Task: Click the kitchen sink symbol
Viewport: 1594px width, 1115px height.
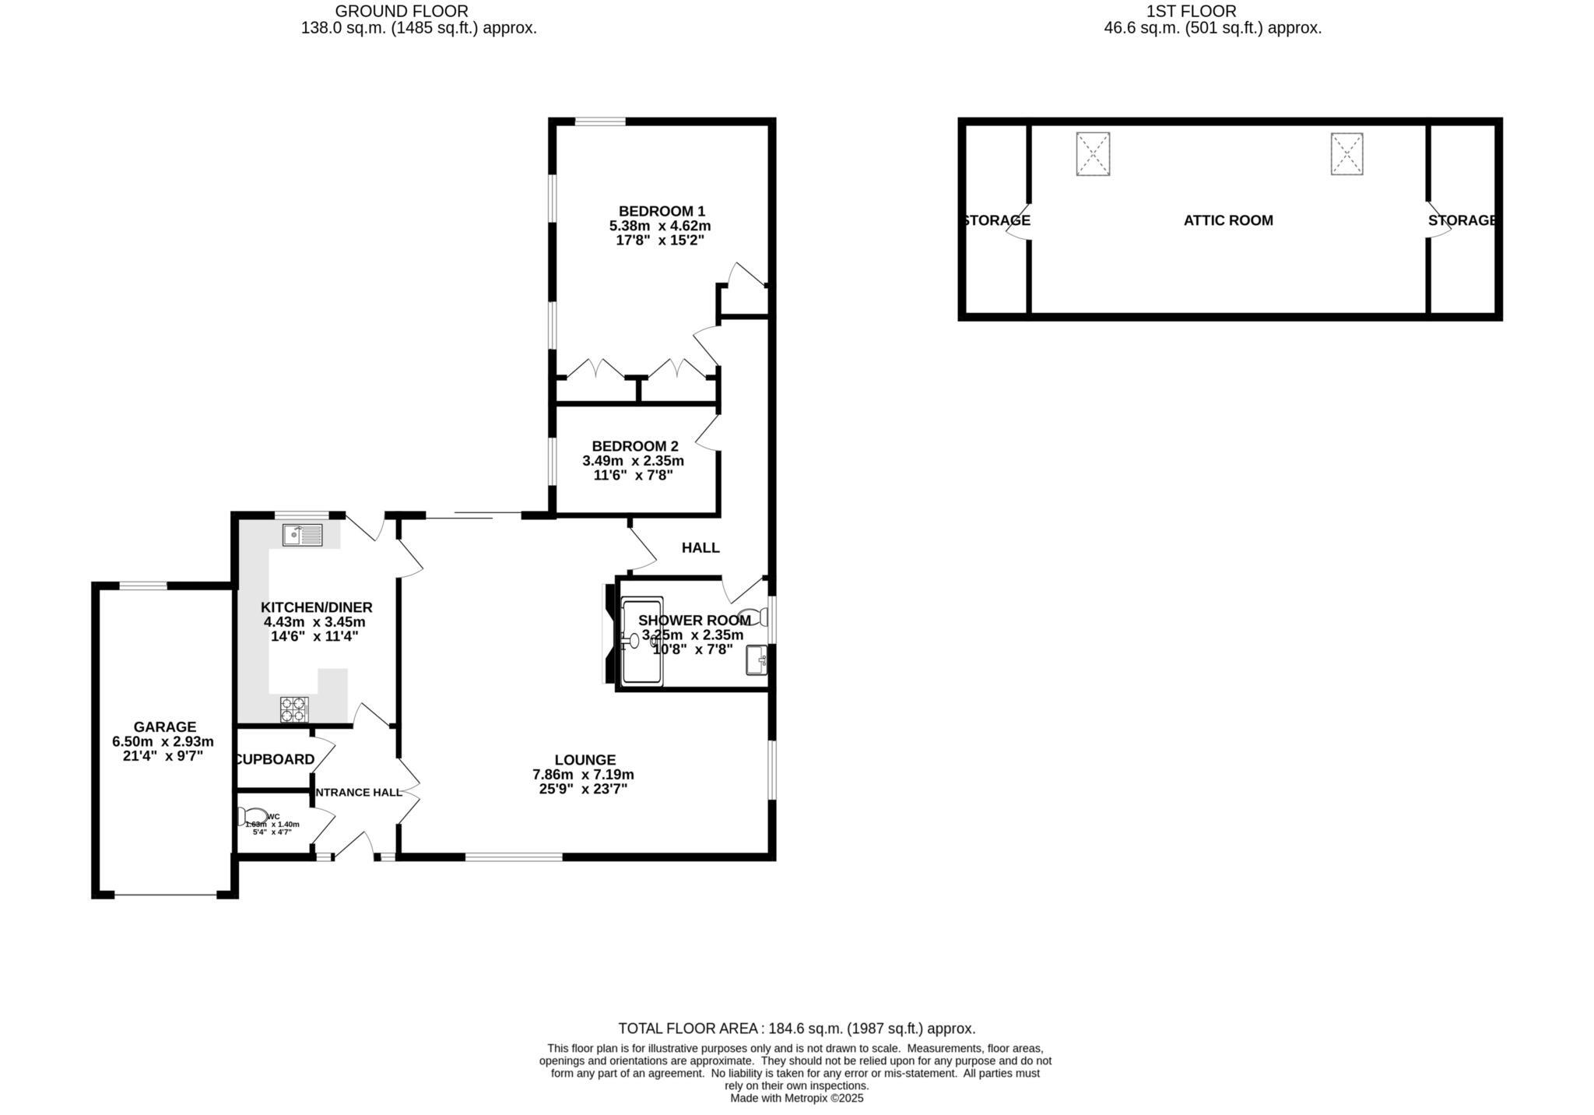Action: click(x=302, y=535)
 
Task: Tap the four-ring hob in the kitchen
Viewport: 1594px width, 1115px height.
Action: click(x=294, y=709)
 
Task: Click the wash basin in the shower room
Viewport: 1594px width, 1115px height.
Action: click(x=757, y=660)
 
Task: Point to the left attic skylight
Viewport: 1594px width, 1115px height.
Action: click(x=1093, y=154)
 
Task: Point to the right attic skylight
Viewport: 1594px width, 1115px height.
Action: click(x=1346, y=154)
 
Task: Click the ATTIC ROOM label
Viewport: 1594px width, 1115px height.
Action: click(x=1228, y=220)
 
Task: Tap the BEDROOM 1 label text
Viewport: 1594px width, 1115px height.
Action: click(x=662, y=211)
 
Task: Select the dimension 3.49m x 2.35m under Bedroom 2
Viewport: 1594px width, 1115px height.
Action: click(x=633, y=461)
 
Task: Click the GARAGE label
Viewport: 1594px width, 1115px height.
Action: click(x=164, y=727)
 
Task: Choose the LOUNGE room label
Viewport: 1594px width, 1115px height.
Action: click(x=585, y=760)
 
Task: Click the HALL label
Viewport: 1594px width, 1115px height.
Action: click(x=700, y=548)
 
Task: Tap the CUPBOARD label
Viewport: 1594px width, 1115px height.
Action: click(x=276, y=759)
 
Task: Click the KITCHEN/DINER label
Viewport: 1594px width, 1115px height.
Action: click(x=316, y=607)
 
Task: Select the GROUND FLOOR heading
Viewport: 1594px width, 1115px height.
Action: click(x=401, y=11)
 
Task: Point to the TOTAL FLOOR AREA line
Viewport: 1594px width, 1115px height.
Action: click(x=796, y=1029)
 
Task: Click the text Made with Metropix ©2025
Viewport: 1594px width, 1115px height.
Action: click(x=796, y=1099)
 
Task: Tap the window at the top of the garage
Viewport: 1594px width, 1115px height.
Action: click(x=142, y=586)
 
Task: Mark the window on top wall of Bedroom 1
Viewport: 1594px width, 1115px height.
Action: click(x=600, y=121)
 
